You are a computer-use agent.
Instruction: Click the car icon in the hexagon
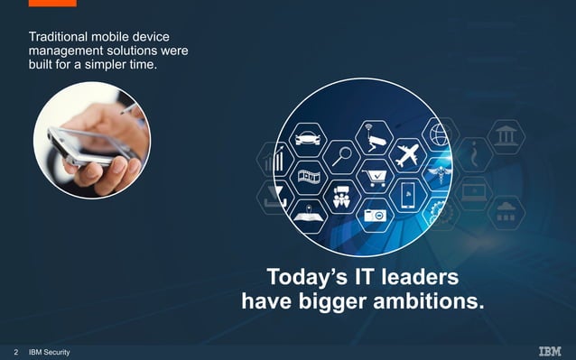(304, 139)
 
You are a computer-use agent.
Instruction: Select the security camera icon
(374, 141)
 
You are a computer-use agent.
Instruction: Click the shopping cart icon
(373, 178)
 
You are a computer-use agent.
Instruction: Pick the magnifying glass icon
(341, 156)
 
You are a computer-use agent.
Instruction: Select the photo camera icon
(373, 215)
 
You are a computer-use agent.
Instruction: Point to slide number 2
(15, 351)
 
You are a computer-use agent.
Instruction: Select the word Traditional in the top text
(57, 37)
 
